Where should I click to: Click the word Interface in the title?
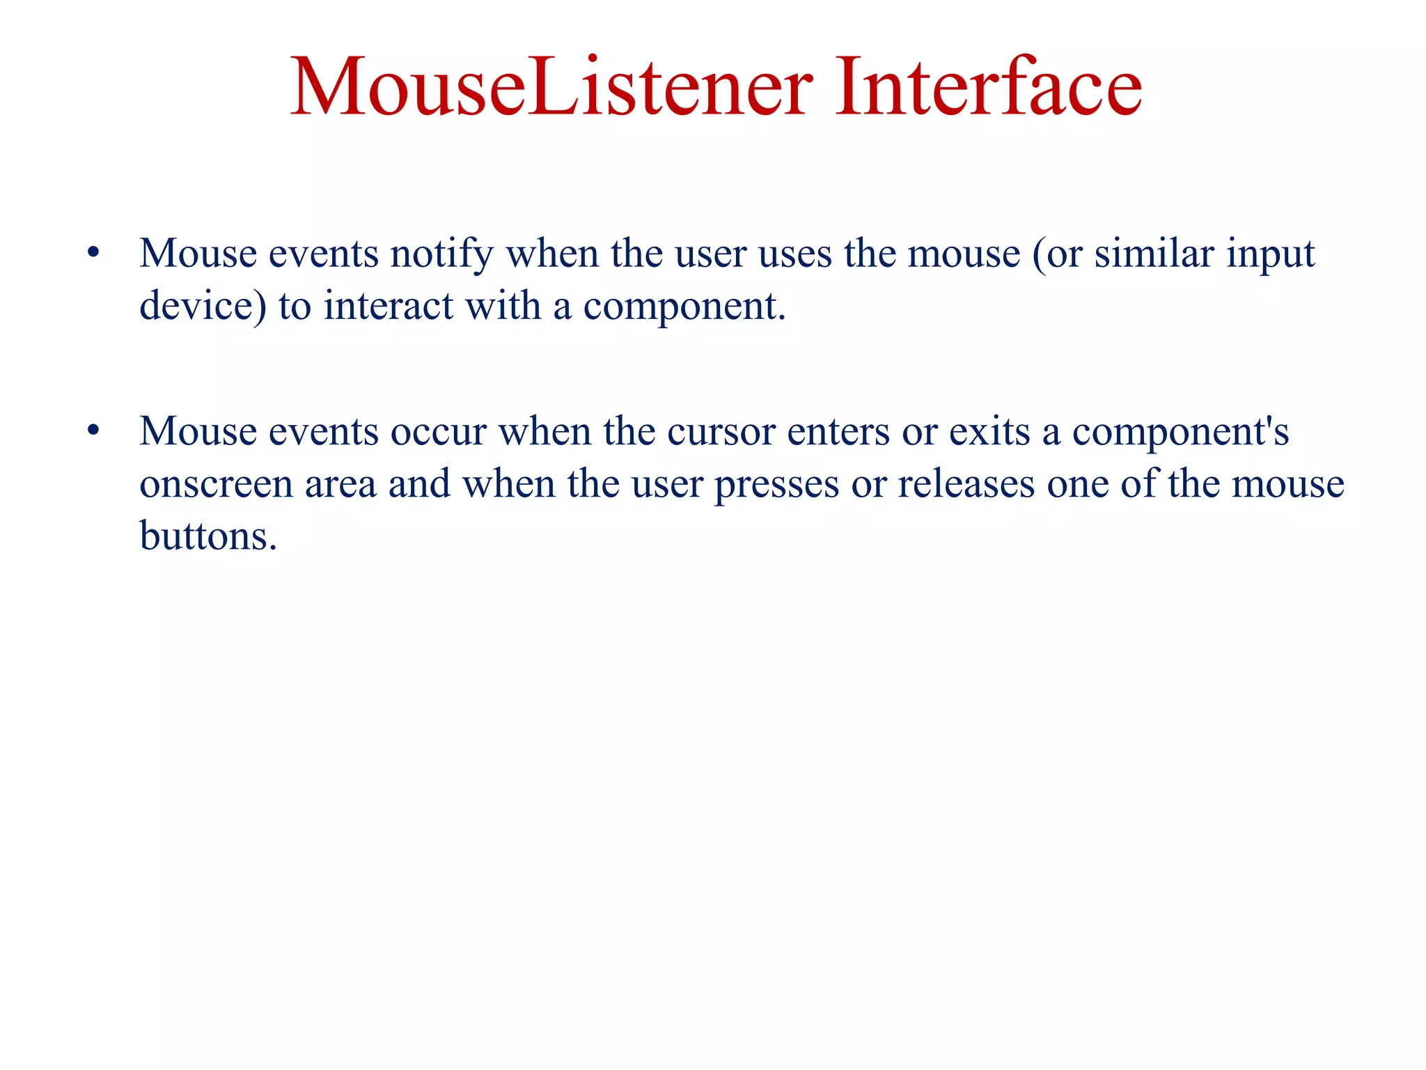(988, 87)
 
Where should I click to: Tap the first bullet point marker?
(93, 254)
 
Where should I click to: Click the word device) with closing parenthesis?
(203, 307)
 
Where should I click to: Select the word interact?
(388, 307)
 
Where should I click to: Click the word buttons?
(208, 536)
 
